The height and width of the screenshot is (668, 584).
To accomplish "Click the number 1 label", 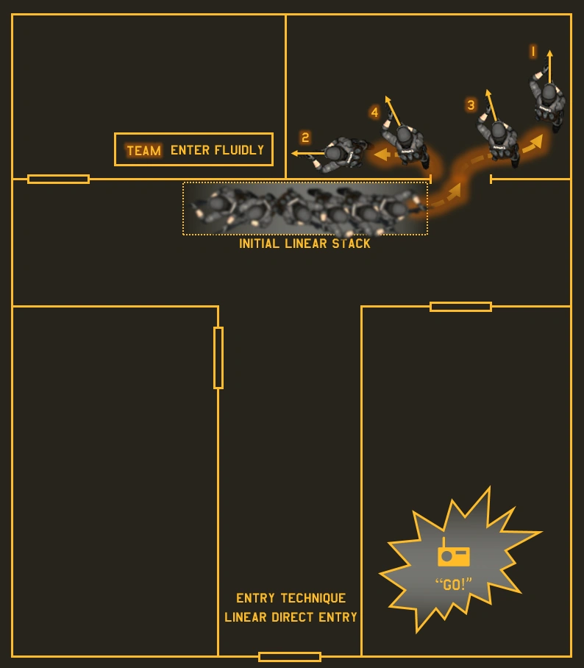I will click(x=533, y=51).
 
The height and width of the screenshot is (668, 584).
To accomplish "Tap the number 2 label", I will click(x=305, y=138).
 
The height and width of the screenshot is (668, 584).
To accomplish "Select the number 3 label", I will click(x=471, y=105).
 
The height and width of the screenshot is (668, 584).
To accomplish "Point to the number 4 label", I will click(x=375, y=113).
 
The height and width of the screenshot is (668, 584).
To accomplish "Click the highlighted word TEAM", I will click(x=143, y=151).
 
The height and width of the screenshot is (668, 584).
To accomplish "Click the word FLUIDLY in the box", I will click(x=239, y=150).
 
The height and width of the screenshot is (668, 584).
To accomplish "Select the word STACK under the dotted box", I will click(x=351, y=244).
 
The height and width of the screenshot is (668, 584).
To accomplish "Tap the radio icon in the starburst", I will click(x=453, y=555).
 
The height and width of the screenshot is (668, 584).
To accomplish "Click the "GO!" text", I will click(x=453, y=585).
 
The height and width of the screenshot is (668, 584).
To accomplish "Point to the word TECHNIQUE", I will click(x=313, y=598).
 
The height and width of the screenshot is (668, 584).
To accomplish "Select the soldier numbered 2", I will click(x=339, y=153).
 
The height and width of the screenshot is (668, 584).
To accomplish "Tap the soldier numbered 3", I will click(x=499, y=138).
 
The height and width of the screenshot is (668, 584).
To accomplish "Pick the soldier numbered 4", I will click(x=406, y=140).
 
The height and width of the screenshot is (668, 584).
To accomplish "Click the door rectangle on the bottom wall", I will click(x=290, y=656).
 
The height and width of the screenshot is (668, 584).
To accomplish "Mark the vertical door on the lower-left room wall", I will click(x=218, y=358).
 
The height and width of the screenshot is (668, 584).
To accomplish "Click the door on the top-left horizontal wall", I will click(x=58, y=179).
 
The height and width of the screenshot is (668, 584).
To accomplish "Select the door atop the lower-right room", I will click(x=460, y=307).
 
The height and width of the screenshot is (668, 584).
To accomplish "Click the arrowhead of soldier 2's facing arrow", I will click(x=295, y=154).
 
